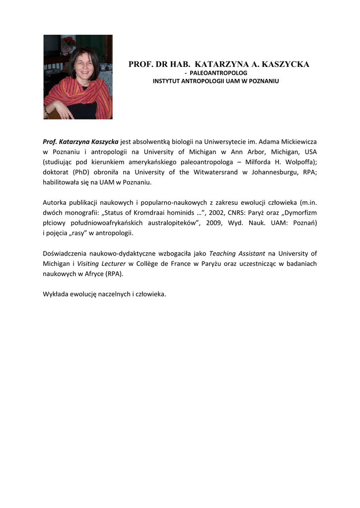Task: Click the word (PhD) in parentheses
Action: pos(85,172)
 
